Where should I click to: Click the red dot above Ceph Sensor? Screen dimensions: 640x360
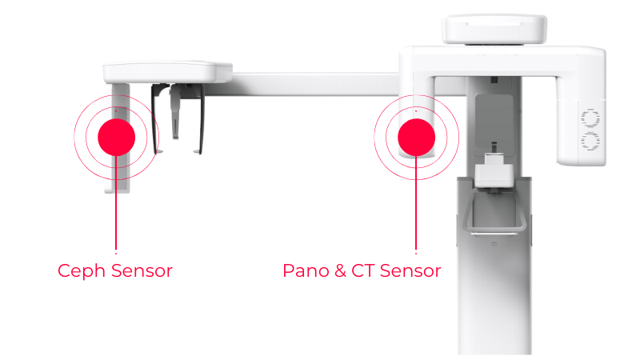[x=116, y=137]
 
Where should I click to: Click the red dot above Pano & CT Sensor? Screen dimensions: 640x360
[x=416, y=137]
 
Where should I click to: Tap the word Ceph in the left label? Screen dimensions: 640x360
[x=82, y=271]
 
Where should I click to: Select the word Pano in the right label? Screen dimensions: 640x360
[x=306, y=270]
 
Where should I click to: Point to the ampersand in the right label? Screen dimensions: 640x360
[x=340, y=270]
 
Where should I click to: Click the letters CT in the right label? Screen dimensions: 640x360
[x=363, y=270]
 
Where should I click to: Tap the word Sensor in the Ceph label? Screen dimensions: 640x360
[x=142, y=270]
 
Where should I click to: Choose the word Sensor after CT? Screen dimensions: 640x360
[x=410, y=270]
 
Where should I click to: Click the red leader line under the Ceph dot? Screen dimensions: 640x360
[x=116, y=203]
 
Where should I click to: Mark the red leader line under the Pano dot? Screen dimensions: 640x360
[x=416, y=203]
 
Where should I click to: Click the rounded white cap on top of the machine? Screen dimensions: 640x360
[x=494, y=29]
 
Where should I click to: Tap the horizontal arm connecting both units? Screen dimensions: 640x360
[x=315, y=85]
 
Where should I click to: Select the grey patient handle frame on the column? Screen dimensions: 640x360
[x=494, y=212]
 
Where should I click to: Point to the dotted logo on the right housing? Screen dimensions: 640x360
[x=590, y=130]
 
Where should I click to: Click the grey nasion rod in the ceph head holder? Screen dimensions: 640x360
[x=174, y=111]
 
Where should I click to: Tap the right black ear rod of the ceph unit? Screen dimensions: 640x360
[x=201, y=118]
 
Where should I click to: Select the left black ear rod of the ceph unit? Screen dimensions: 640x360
[x=155, y=118]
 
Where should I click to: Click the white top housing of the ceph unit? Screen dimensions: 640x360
[x=167, y=72]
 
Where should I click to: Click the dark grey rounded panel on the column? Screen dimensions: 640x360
[x=494, y=122]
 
